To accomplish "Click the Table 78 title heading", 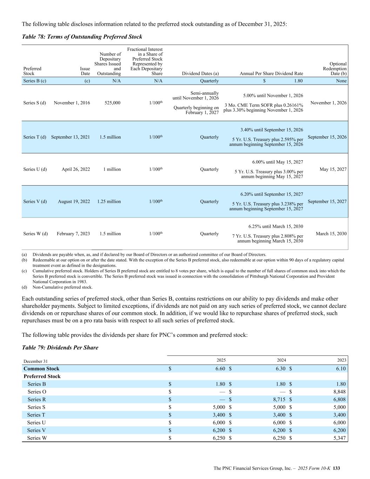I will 82,36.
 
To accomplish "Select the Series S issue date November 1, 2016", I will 72,103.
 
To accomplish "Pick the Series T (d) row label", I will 35,137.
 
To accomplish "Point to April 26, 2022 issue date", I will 76,169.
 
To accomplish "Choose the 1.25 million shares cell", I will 109,202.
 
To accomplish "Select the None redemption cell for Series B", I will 341,81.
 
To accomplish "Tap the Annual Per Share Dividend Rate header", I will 271,74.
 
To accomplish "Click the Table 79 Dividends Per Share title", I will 60,347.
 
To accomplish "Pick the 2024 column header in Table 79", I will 281,360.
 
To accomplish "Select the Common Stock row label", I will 41,369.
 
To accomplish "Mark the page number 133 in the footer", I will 337,468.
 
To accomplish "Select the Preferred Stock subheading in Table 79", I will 42,377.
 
